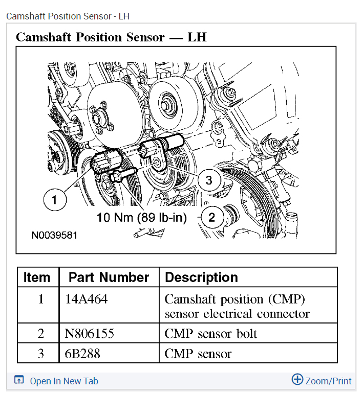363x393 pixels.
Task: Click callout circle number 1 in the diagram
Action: point(55,199)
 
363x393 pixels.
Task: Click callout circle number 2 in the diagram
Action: point(212,217)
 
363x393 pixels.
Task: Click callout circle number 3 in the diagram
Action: point(209,180)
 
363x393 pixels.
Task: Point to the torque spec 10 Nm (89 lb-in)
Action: point(142,217)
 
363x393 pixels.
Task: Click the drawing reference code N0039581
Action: point(54,236)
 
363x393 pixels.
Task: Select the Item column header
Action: point(37,278)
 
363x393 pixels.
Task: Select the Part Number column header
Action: point(109,278)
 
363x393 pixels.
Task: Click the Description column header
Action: point(201,278)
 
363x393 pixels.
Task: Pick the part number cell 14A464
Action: point(87,299)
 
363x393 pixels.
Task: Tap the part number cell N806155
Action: point(90,334)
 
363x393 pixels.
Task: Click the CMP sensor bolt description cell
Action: point(210,334)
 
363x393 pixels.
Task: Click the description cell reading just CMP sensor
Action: point(198,353)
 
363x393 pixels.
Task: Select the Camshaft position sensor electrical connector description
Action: point(237,306)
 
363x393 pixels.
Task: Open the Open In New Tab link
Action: point(63,381)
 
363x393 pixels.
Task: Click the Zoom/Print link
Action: point(328,381)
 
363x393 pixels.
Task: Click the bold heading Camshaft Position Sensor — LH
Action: point(111,37)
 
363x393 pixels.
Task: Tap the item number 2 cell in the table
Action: point(41,334)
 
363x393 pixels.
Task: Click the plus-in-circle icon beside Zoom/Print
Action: point(297,379)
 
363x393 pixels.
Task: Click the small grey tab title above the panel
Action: point(68,16)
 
